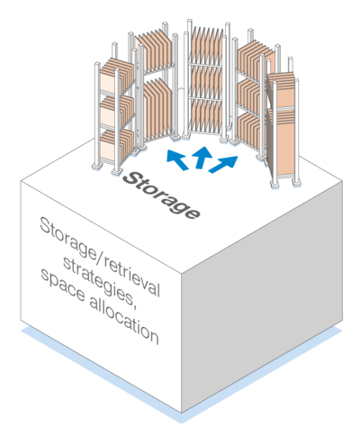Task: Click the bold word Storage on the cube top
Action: click(x=161, y=195)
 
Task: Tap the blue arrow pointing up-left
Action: click(x=177, y=159)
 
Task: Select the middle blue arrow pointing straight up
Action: click(x=202, y=158)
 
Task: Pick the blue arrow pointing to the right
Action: click(x=223, y=164)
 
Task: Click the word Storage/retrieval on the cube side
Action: click(x=100, y=257)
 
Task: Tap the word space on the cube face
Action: click(x=62, y=286)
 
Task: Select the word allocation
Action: click(x=124, y=322)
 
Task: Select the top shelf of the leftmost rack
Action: click(x=116, y=76)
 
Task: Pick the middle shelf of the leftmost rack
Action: click(x=116, y=112)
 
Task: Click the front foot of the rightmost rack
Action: click(x=275, y=184)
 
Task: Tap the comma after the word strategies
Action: click(x=133, y=304)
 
